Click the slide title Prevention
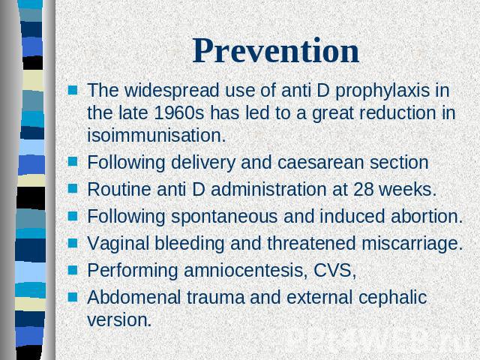[x=276, y=51]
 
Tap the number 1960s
[x=178, y=112]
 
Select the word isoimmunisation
[x=157, y=135]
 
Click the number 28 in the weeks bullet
[x=363, y=189]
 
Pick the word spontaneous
[x=224, y=217]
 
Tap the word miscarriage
[x=412, y=244]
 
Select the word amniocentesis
[x=246, y=270]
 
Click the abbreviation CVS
[x=335, y=271]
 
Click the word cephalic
[x=392, y=298]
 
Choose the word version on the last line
[x=119, y=320]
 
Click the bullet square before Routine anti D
[x=73, y=188]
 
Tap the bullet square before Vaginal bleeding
[x=73, y=243]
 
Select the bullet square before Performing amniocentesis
[x=73, y=270]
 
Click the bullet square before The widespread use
[x=73, y=90]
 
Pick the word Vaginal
[x=118, y=244]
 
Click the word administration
[x=268, y=189]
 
